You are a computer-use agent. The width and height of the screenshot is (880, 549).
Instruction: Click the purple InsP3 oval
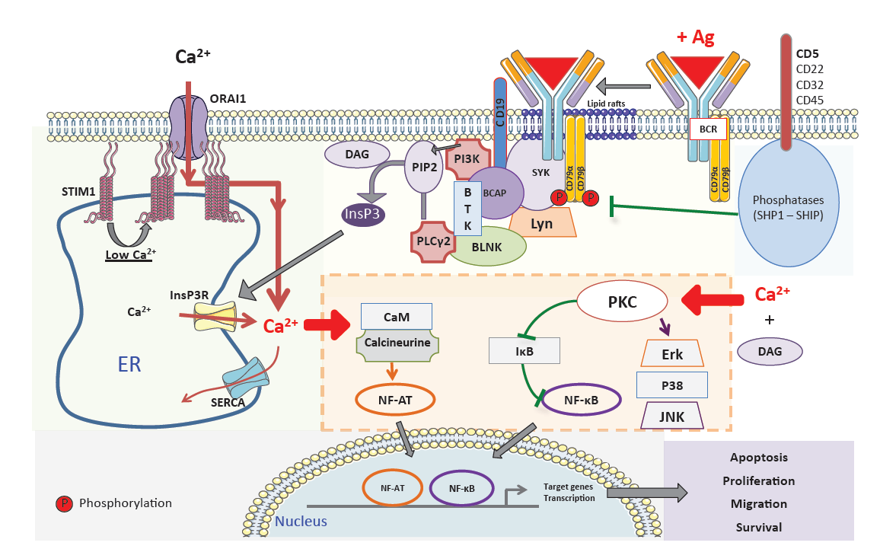pyautogui.click(x=363, y=213)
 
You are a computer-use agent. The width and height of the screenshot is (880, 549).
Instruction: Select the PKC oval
pyautogui.click(x=623, y=302)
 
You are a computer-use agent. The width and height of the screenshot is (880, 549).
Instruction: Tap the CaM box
pyautogui.click(x=396, y=317)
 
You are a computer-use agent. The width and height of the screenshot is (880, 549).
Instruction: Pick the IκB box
pyautogui.click(x=524, y=351)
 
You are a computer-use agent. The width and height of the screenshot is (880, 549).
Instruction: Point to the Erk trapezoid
pyautogui.click(x=671, y=353)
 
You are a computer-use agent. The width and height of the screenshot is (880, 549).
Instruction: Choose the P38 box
pyautogui.click(x=671, y=385)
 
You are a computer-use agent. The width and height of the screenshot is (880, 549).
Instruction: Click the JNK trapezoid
pyautogui.click(x=671, y=416)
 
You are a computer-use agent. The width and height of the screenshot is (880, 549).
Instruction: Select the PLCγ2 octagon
pyautogui.click(x=433, y=242)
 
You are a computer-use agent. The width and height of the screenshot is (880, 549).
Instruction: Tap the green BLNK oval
pyautogui.click(x=486, y=247)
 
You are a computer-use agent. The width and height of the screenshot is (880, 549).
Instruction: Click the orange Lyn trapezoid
pyautogui.click(x=542, y=222)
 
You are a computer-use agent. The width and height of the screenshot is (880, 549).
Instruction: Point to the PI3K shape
pyautogui.click(x=467, y=159)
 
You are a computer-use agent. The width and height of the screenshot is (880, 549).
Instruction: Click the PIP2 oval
pyautogui.click(x=424, y=167)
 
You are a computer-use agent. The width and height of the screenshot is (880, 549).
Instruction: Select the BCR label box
pyautogui.click(x=708, y=129)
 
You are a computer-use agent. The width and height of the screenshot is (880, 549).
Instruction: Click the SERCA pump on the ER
pyautogui.click(x=245, y=380)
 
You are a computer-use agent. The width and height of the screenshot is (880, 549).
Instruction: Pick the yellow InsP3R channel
pyautogui.click(x=215, y=316)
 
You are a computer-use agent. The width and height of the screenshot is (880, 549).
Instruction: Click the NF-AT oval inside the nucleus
pyautogui.click(x=392, y=488)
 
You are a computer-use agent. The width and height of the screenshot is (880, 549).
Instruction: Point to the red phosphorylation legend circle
pyautogui.click(x=64, y=503)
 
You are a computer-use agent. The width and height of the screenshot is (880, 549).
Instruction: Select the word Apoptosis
pyautogui.click(x=759, y=457)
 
